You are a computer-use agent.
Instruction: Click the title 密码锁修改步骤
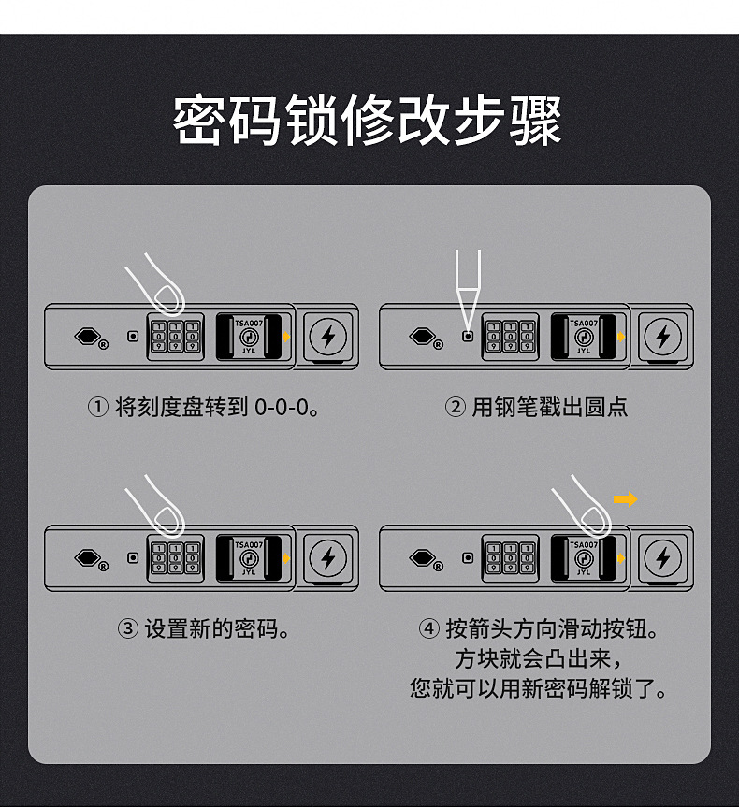pos(367,121)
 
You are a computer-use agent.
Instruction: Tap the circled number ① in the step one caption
pos(98,407)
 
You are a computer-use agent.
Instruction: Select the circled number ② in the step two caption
pos(456,407)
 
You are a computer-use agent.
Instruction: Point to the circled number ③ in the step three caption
pos(128,629)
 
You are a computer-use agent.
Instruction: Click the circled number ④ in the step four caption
pos(429,629)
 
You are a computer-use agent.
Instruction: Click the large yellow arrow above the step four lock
pos(626,499)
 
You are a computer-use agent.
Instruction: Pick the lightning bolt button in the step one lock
pos(328,337)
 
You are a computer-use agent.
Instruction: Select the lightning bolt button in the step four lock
pos(663,558)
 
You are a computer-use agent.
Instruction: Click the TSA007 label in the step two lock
pos(584,324)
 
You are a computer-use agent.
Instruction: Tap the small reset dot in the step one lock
pos(133,336)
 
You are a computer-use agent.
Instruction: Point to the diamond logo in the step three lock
pos(88,558)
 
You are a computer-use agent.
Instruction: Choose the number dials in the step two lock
pos(511,337)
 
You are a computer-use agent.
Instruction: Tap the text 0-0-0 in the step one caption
pos(282,408)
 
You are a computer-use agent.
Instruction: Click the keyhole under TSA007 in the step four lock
pos(584,558)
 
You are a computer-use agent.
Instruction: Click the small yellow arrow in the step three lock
pos(286,558)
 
